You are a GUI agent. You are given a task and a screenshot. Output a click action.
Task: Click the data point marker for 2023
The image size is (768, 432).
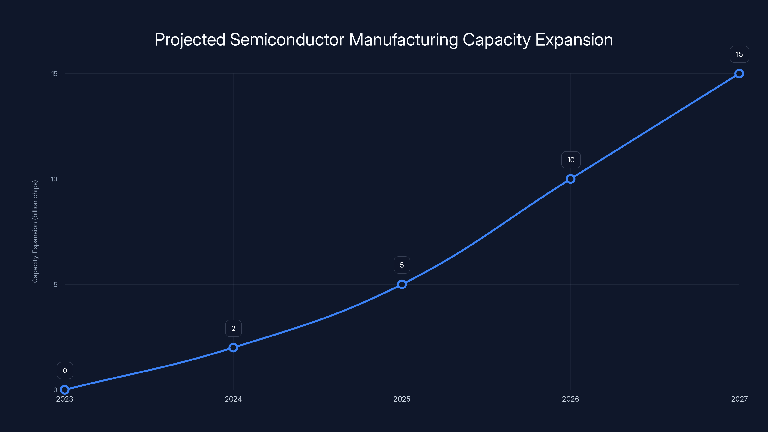(x=65, y=390)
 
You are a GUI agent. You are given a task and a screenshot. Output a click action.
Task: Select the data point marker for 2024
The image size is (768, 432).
(x=233, y=348)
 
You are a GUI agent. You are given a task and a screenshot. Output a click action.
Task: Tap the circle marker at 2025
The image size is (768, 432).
(x=402, y=284)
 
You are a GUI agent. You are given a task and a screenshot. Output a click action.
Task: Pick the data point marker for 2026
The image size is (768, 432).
(x=570, y=179)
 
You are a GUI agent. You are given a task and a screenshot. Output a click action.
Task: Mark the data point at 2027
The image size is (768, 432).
(x=739, y=74)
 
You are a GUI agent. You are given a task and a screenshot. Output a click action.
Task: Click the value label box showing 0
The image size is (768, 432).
(x=65, y=371)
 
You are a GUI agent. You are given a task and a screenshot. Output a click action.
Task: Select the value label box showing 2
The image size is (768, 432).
(x=233, y=328)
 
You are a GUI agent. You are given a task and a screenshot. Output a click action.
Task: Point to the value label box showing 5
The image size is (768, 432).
(x=402, y=265)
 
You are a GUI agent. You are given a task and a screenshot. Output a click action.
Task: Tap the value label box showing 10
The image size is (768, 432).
(x=571, y=160)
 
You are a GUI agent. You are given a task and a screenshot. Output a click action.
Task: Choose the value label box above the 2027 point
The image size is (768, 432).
(x=739, y=54)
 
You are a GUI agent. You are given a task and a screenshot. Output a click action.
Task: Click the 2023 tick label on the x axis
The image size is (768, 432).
(x=65, y=399)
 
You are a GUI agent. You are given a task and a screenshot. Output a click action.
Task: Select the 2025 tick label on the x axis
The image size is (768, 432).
(x=402, y=399)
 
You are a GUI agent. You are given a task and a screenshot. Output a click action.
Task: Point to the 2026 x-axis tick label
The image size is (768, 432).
(x=570, y=399)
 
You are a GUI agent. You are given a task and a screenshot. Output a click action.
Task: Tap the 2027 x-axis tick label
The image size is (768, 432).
(x=739, y=399)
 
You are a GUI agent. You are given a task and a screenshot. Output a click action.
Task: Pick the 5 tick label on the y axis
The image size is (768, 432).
(x=55, y=284)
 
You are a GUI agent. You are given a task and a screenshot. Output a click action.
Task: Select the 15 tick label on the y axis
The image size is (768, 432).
(x=54, y=74)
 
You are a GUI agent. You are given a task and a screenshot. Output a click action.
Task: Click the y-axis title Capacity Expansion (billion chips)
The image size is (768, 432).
(x=35, y=231)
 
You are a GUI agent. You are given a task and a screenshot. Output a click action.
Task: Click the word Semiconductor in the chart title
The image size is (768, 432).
(x=287, y=40)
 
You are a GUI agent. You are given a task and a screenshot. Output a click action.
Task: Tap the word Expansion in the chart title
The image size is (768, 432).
(x=574, y=40)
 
